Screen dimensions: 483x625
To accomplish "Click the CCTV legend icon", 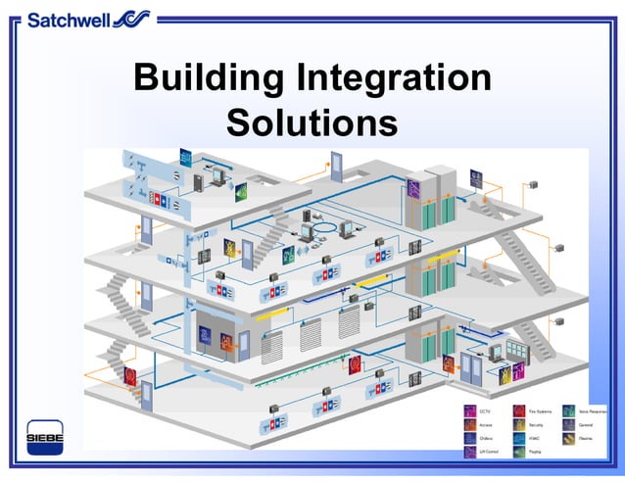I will tap(471, 411).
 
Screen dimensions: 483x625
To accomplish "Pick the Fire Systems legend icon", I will tap(519, 411).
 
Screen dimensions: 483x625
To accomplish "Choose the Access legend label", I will tap(486, 425).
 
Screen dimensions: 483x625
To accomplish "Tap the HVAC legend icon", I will tap(519, 439).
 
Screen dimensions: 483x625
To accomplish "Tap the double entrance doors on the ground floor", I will tap(472, 366).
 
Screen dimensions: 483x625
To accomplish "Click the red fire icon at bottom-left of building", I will tap(129, 375).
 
